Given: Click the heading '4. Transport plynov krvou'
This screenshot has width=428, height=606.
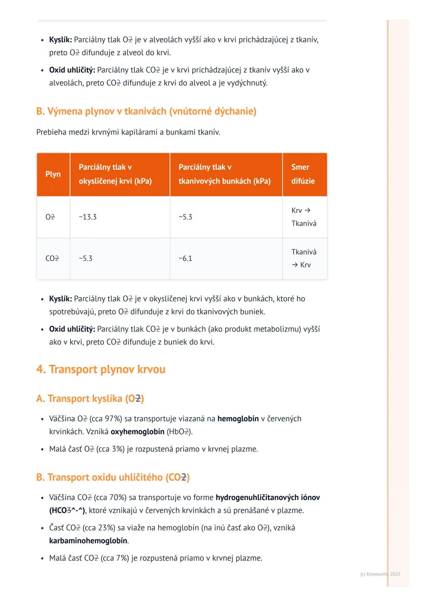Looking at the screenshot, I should (x=101, y=369).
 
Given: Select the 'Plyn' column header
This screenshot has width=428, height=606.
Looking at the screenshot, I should (x=53, y=174).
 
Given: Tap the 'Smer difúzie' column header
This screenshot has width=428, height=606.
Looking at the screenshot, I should (x=303, y=174).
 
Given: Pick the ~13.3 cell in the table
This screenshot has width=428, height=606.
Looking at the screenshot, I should (x=88, y=217).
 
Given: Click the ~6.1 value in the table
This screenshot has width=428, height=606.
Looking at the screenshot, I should (x=185, y=259).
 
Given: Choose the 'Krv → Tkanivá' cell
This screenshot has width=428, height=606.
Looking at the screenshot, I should (x=304, y=217).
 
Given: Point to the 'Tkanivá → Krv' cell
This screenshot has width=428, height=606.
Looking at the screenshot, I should (x=304, y=259).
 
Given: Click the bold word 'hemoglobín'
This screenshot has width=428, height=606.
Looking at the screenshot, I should (x=238, y=419).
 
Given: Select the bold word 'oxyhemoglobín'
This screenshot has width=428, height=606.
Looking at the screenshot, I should (x=137, y=431).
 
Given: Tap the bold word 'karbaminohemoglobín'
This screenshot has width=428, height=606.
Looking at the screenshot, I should (x=88, y=541).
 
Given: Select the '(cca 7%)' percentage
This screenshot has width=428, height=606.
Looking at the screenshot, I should (x=115, y=558).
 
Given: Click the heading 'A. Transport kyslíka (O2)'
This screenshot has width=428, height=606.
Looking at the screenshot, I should (x=90, y=399).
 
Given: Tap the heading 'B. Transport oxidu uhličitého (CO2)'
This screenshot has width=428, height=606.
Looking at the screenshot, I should (x=113, y=477).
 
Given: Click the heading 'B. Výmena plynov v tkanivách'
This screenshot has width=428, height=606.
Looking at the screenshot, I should (x=146, y=111).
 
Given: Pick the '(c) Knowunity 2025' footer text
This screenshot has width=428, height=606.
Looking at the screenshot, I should (x=380, y=574).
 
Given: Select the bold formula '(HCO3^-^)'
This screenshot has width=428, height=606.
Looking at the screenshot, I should (x=67, y=510).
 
